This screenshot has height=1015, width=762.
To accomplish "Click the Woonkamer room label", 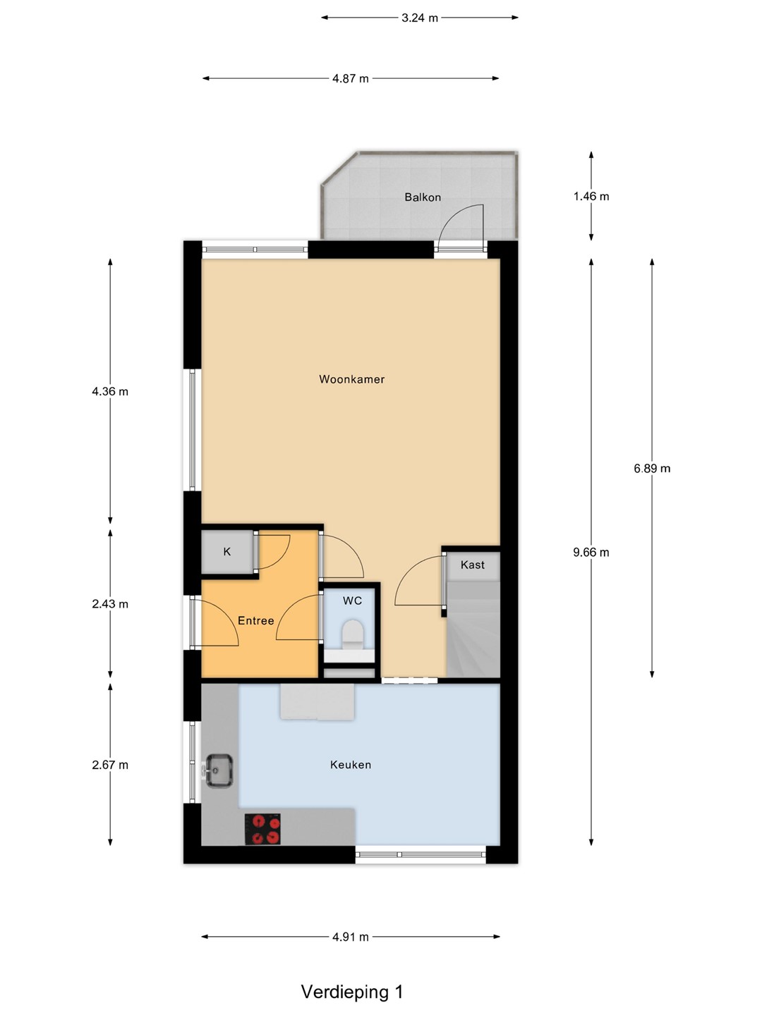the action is click(x=351, y=380).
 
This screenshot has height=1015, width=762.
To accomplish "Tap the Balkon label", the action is click(x=423, y=197).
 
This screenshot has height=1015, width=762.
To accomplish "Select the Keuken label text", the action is click(x=350, y=765).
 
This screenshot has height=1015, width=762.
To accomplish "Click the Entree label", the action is click(x=255, y=620).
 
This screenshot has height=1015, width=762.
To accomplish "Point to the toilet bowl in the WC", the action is click(x=353, y=634).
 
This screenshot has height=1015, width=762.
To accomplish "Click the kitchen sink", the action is click(x=219, y=770).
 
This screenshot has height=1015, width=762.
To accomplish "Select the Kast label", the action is click(x=473, y=565).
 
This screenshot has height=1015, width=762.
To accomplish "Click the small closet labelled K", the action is click(x=227, y=552).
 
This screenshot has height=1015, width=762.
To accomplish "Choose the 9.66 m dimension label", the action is click(x=591, y=552).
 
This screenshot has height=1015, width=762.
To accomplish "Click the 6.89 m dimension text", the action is click(x=652, y=469).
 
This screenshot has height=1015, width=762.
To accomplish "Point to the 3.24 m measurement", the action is click(x=419, y=18).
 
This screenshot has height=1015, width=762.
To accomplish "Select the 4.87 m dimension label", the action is click(x=350, y=79).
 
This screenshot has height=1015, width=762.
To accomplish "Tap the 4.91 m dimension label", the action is click(x=350, y=937).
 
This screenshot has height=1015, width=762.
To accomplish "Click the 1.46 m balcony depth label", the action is click(x=591, y=197).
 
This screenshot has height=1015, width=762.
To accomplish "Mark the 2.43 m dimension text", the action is click(x=110, y=604).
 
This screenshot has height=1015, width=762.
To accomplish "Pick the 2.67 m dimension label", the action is click(x=110, y=765).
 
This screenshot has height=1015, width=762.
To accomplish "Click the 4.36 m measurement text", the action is click(x=110, y=392).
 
